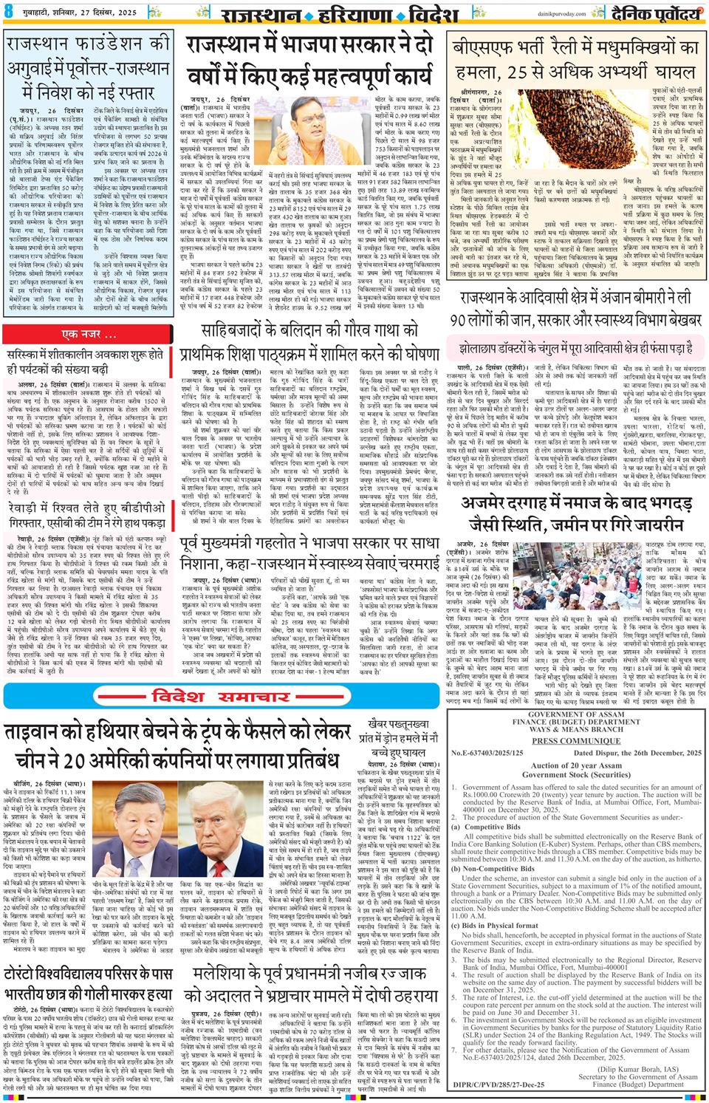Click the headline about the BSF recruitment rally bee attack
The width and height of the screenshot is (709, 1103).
[576, 61]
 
